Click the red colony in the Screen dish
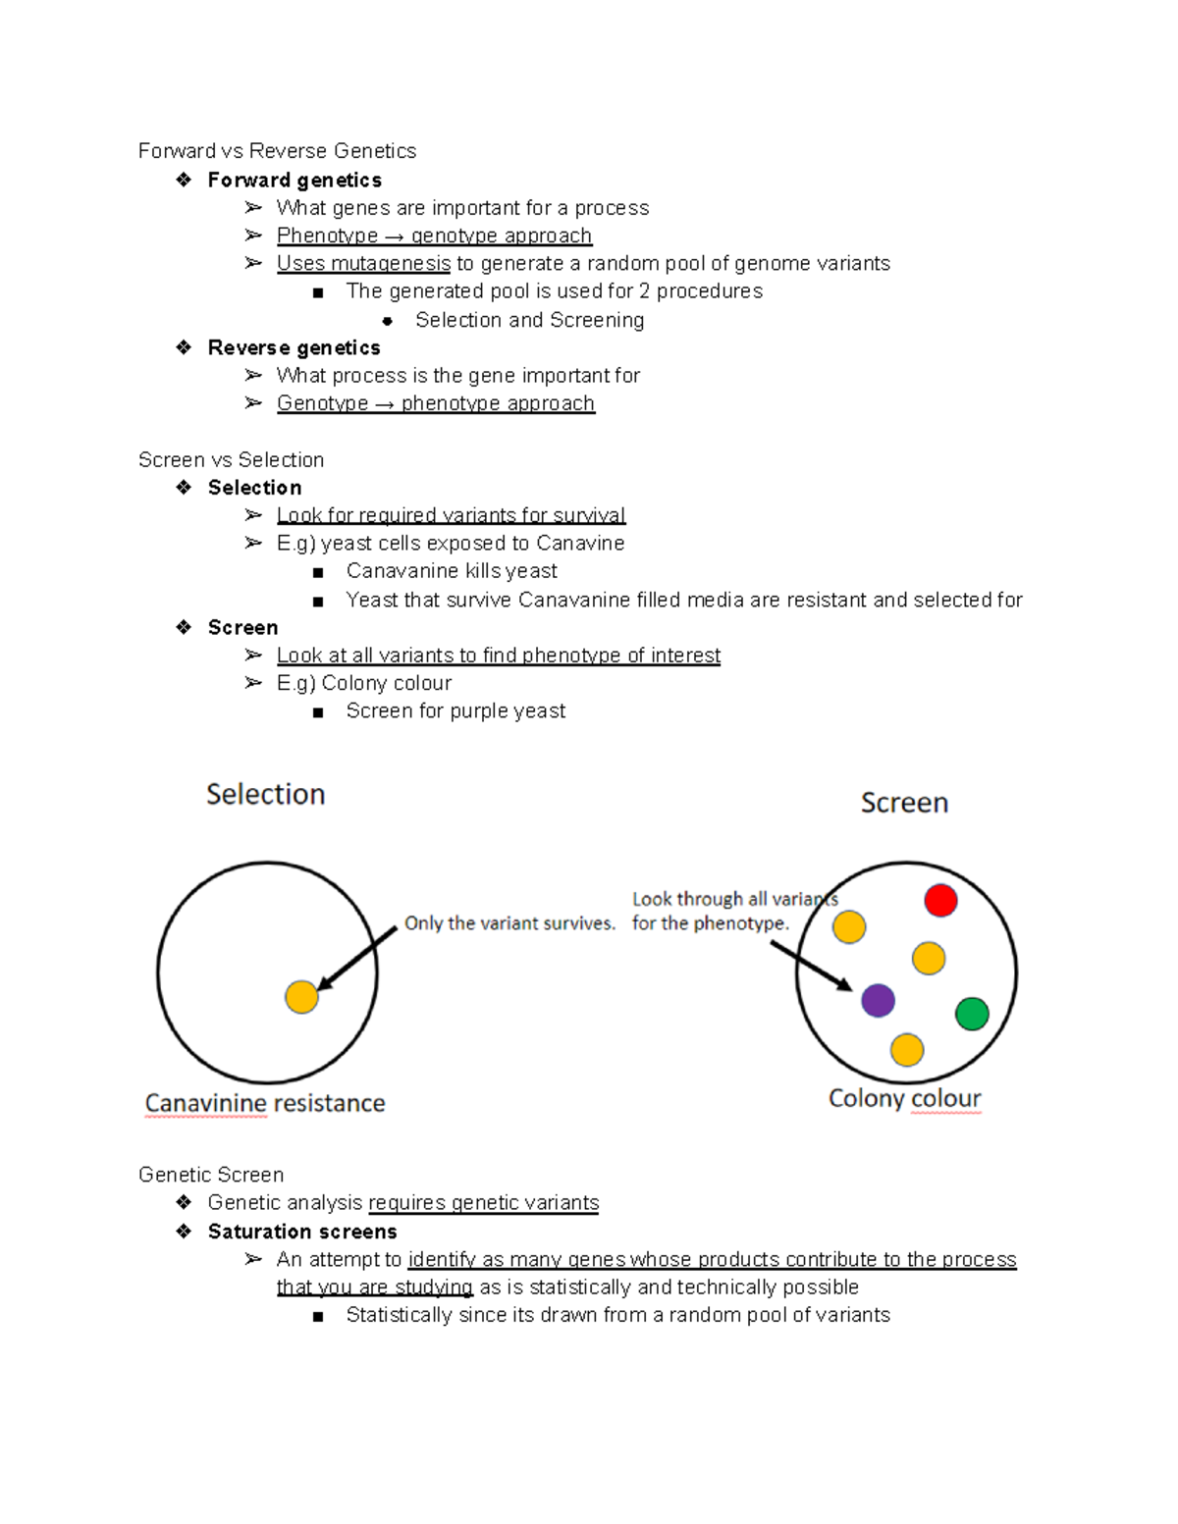coord(940,900)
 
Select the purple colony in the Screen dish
coord(878,1000)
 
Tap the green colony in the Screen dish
coord(972,1013)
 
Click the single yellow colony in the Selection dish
coord(301,996)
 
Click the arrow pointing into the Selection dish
coord(357,958)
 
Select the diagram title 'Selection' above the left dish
coord(265,794)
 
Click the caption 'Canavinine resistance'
coord(265,1103)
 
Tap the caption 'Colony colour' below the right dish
coord(904,1098)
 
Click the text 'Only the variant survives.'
coord(509,923)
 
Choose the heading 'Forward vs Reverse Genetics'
coord(277,151)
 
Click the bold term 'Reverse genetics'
coord(294,347)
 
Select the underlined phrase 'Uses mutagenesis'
coord(363,263)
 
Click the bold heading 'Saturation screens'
coord(302,1232)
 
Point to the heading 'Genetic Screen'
coord(211,1175)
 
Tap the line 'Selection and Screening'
coord(529,320)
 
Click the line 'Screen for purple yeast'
coord(455,710)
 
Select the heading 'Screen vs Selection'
coord(231,460)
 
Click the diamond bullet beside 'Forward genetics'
coord(184,180)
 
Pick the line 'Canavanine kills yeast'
coord(452,571)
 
